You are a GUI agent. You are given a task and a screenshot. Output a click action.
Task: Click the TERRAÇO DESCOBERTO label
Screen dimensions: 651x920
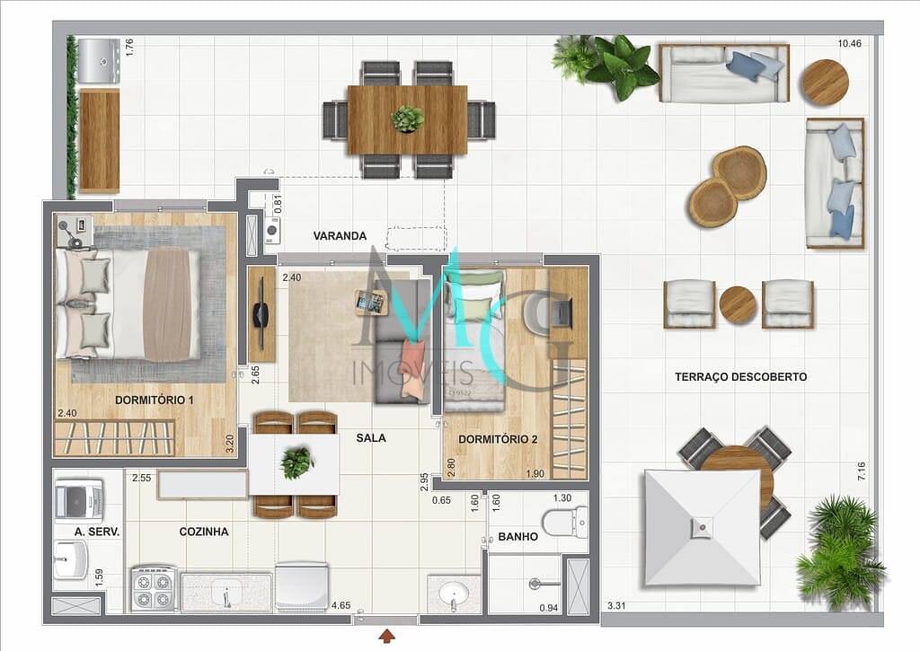click(x=740, y=377)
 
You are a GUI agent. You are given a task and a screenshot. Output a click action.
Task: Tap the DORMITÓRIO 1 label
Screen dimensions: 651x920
click(x=155, y=400)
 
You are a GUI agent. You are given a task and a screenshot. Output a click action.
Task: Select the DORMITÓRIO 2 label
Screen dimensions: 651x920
click(x=498, y=439)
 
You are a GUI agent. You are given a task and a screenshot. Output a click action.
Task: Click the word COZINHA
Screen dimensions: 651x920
click(x=204, y=532)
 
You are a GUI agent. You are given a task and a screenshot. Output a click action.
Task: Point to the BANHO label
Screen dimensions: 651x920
click(x=517, y=537)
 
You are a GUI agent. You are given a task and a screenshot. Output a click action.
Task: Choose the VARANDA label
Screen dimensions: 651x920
click(x=340, y=236)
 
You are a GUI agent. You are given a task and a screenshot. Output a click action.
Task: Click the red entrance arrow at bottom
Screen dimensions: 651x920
click(x=386, y=636)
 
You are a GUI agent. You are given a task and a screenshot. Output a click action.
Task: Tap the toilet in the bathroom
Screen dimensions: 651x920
click(x=565, y=521)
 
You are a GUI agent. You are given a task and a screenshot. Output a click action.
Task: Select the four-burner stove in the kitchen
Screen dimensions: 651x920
click(x=153, y=589)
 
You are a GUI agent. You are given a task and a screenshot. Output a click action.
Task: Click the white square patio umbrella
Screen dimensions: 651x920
click(x=702, y=528)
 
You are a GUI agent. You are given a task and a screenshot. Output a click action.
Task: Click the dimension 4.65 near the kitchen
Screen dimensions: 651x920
click(x=341, y=606)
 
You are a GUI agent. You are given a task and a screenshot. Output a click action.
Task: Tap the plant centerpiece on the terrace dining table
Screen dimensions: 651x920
click(x=408, y=119)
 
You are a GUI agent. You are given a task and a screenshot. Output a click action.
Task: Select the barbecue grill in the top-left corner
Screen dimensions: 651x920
click(x=98, y=60)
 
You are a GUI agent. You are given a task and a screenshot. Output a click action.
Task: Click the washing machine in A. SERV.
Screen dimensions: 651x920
click(x=79, y=500)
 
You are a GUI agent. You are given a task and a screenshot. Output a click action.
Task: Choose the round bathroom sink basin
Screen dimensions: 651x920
click(x=455, y=593)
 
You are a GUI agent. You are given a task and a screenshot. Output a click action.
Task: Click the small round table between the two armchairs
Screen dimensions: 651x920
click(x=738, y=304)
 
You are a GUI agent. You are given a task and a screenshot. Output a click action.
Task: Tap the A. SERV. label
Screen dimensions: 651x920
click(x=97, y=532)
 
